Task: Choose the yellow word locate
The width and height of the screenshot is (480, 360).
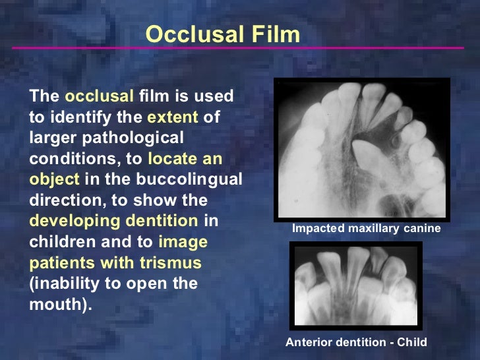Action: (173, 159)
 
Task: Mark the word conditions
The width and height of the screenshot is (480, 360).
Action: (65, 159)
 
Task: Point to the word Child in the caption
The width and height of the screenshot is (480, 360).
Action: (412, 342)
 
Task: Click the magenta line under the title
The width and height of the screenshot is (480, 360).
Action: (237, 48)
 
